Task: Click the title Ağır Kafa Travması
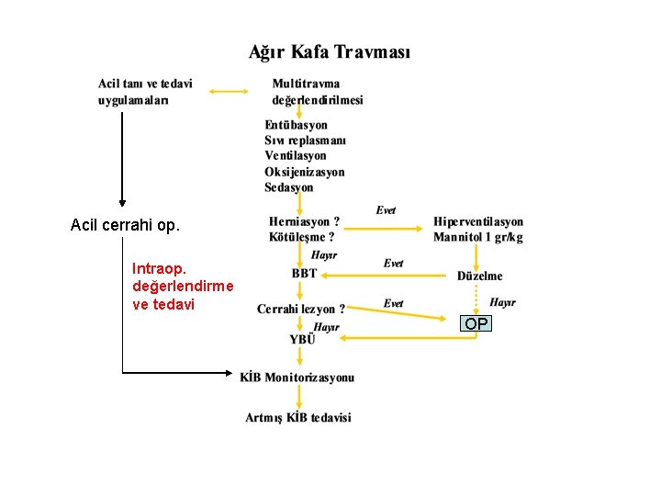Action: [x=330, y=52]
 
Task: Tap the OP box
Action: [x=476, y=323]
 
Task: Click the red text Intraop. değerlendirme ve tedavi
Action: [x=182, y=287]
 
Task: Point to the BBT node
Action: [x=304, y=274]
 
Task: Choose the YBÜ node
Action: [x=302, y=339]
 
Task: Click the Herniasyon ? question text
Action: [x=304, y=221]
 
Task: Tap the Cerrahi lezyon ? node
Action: [x=301, y=310]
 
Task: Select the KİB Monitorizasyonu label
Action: [x=297, y=378]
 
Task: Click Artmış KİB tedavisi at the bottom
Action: [x=298, y=418]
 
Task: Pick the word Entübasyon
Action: [x=296, y=125]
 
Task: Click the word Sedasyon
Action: [x=289, y=187]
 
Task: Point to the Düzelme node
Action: [x=480, y=276]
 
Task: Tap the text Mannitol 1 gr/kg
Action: [x=478, y=238]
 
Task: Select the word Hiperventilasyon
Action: [x=478, y=222]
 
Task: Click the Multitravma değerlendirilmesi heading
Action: [x=318, y=92]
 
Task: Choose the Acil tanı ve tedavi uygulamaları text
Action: [x=146, y=92]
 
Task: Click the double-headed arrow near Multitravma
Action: [x=230, y=91]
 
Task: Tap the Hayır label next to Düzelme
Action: [x=502, y=301]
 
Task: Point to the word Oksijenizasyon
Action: [x=305, y=172]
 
